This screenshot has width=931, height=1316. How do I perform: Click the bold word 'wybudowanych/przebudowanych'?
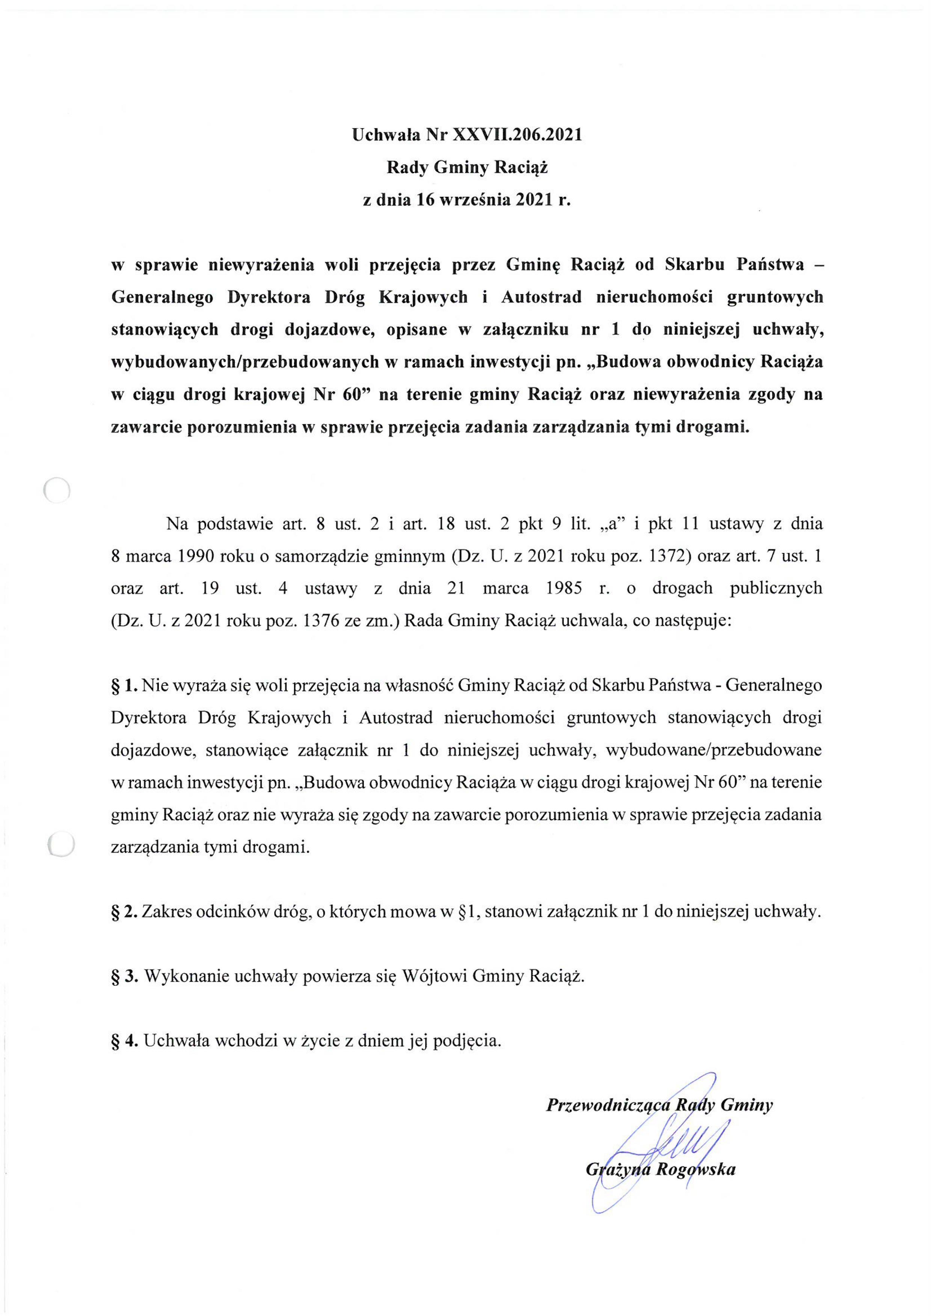point(245,362)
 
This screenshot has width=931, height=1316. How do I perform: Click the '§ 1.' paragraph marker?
point(124,685)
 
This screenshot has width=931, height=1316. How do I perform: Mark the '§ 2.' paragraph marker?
point(124,912)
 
